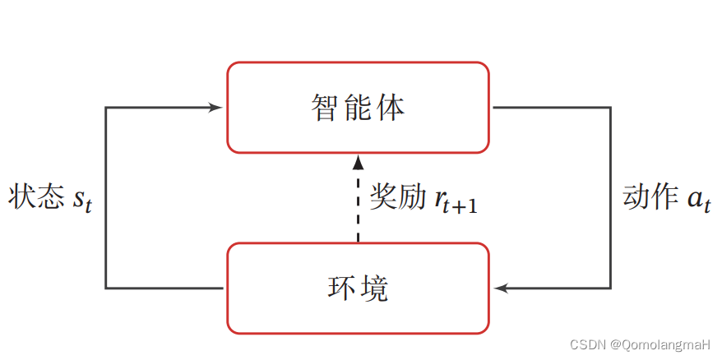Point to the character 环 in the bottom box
(x=341, y=288)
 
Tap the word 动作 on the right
(x=650, y=197)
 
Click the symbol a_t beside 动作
(x=698, y=201)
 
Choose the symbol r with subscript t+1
(x=441, y=199)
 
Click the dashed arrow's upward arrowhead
(x=358, y=161)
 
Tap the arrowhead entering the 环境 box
(x=501, y=288)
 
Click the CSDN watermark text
(x=588, y=345)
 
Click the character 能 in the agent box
(x=359, y=108)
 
